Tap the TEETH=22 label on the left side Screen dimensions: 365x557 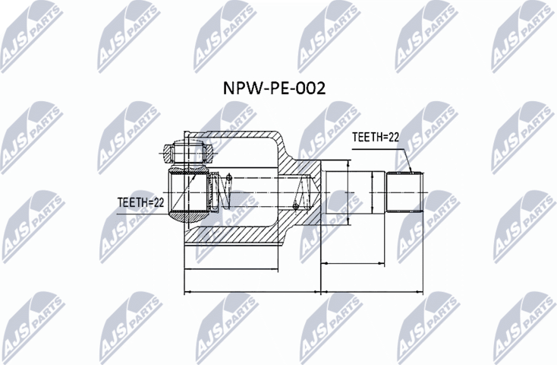pos(141,202)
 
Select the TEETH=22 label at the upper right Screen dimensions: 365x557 pos(376,137)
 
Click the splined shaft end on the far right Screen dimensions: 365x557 pos(404,192)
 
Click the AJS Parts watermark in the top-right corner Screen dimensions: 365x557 pos(523,34)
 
